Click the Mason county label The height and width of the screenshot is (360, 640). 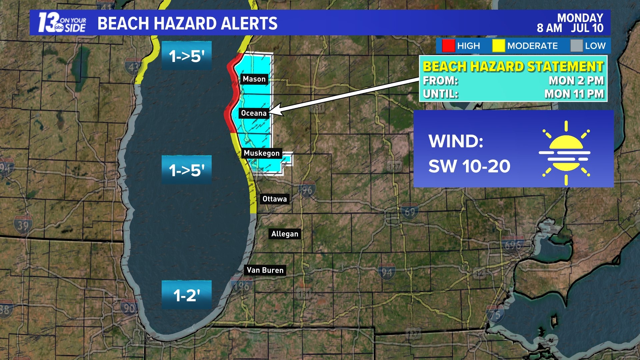[x=254, y=79]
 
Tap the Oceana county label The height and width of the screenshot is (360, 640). [x=254, y=113]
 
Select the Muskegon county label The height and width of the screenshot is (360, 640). [x=262, y=153]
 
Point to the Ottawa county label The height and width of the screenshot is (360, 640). [x=274, y=199]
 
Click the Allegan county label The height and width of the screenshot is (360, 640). [x=285, y=234]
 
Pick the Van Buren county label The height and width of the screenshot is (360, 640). [x=265, y=270]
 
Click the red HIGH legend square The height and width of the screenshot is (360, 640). [x=448, y=46]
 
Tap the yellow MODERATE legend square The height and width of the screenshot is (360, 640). [x=498, y=46]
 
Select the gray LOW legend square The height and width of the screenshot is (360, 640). [x=576, y=46]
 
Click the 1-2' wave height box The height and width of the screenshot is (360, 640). [x=187, y=295]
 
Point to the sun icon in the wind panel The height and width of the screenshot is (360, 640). [x=565, y=153]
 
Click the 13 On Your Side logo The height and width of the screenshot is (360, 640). [x=62, y=23]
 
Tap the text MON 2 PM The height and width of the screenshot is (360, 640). [x=576, y=81]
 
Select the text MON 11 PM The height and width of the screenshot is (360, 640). [x=574, y=94]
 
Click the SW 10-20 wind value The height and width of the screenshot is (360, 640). [x=469, y=166]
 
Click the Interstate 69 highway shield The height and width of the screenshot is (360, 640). [x=410, y=212]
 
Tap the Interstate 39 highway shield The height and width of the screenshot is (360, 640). [x=23, y=226]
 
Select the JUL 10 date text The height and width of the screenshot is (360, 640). [x=587, y=28]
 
